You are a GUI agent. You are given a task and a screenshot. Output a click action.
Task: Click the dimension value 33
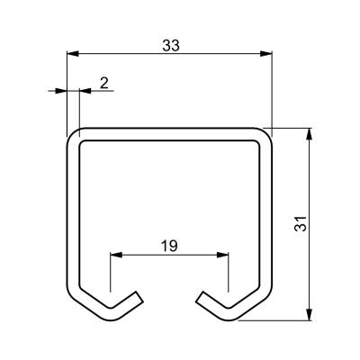point(171,46)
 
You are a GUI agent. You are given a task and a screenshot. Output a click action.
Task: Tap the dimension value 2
point(103,83)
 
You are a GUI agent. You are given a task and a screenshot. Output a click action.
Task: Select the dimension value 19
point(169,247)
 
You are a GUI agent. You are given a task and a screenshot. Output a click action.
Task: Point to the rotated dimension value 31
point(301,223)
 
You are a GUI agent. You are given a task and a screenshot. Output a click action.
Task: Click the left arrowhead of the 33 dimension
point(73,54)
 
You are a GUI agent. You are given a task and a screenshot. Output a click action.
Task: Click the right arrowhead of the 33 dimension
point(265,54)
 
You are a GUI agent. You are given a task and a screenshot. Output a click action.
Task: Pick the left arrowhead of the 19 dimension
point(116,255)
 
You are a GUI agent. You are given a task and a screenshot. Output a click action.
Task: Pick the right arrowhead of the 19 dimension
point(222,255)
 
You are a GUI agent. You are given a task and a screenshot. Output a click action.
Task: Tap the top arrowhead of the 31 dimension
point(309,134)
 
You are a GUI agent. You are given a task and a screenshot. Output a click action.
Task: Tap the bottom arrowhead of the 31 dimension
point(309,314)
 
